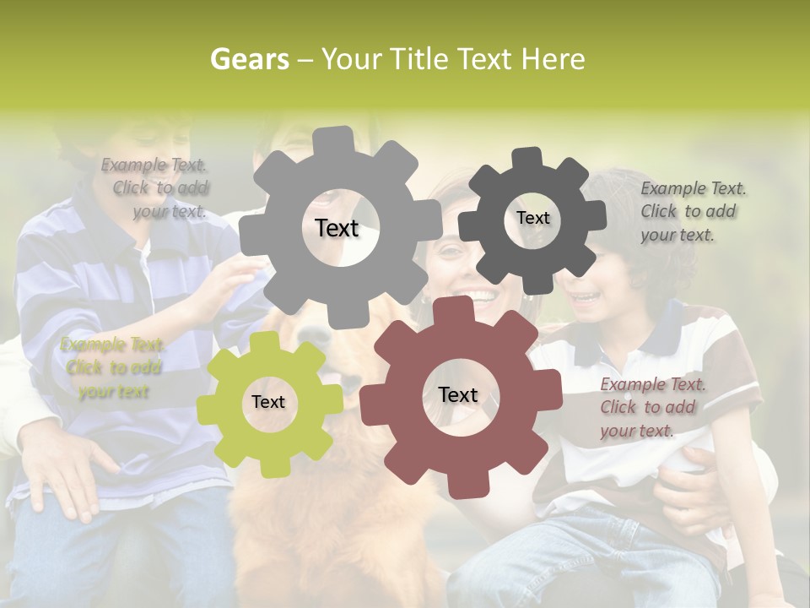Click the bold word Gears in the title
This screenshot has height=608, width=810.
[x=249, y=59]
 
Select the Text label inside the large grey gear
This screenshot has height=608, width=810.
[x=337, y=228]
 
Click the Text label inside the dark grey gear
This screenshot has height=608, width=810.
[x=533, y=218]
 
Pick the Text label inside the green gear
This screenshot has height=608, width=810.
[x=268, y=402]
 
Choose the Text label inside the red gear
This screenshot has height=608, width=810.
[x=458, y=394]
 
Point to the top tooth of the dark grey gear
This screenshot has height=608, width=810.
[x=528, y=158]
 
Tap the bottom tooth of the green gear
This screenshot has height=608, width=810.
[x=273, y=466]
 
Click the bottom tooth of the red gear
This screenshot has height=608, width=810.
[x=463, y=485]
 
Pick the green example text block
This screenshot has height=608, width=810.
[x=113, y=368]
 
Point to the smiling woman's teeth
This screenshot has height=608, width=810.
[x=478, y=296]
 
